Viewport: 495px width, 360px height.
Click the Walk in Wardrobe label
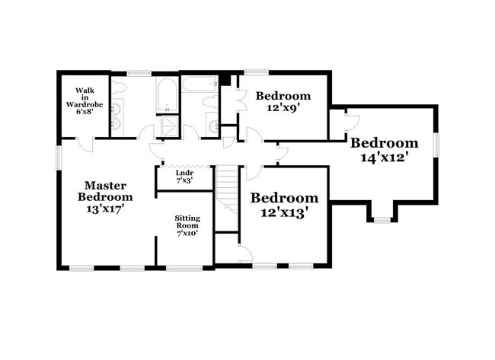84,99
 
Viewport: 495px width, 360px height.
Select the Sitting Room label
187,225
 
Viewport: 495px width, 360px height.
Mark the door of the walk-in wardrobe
87,144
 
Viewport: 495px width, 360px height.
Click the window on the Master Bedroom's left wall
59,155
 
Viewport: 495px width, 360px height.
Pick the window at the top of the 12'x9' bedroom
256,72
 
